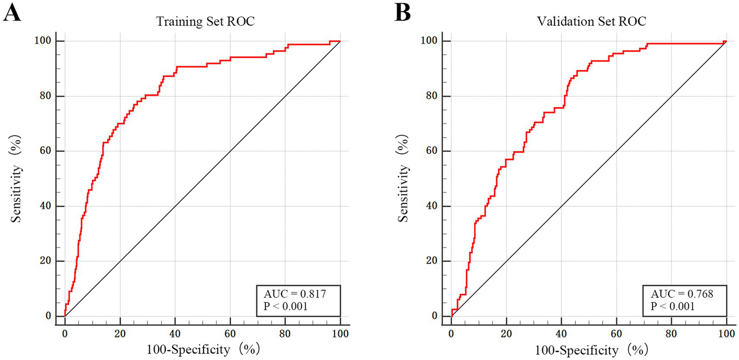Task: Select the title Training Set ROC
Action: click(202, 22)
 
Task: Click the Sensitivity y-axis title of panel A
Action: click(18, 179)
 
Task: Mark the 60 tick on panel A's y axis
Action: click(51, 151)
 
